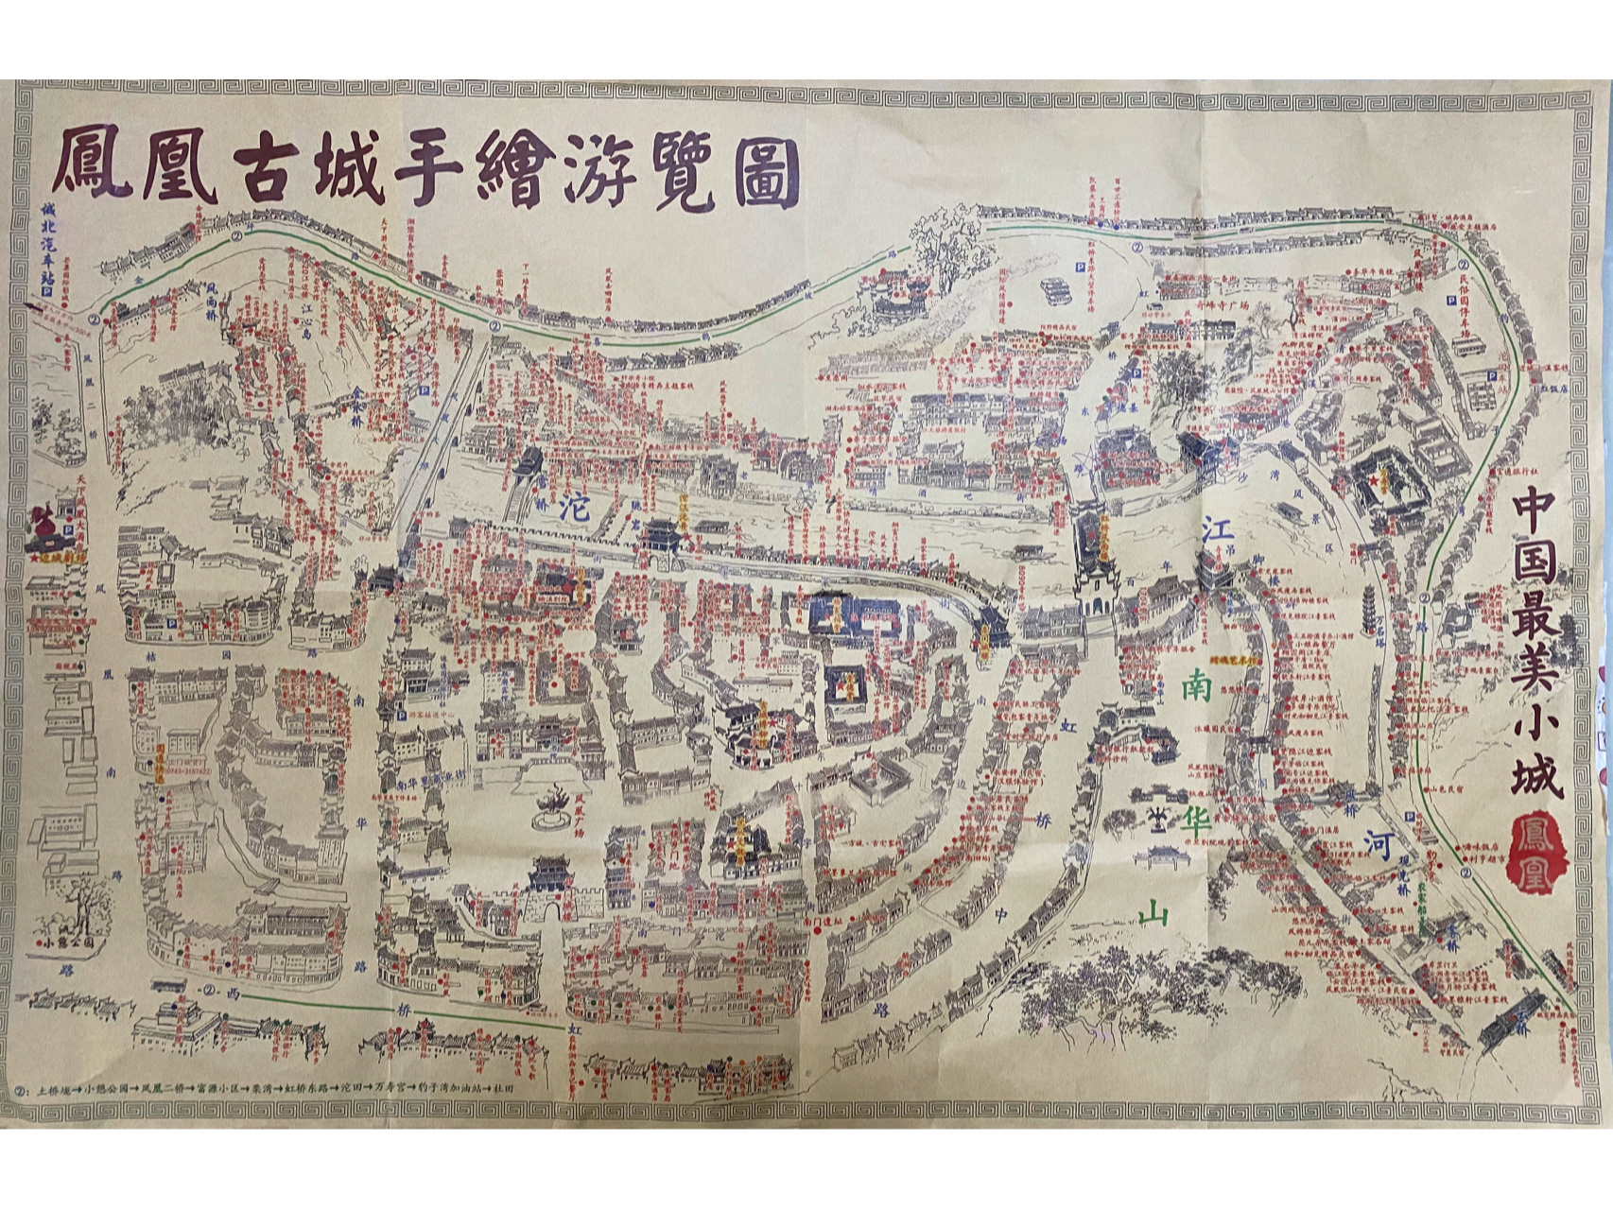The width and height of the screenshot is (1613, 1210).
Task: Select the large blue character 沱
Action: [574, 508]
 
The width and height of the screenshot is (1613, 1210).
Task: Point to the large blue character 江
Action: [1218, 531]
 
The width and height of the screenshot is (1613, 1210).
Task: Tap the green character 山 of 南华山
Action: [1154, 913]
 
